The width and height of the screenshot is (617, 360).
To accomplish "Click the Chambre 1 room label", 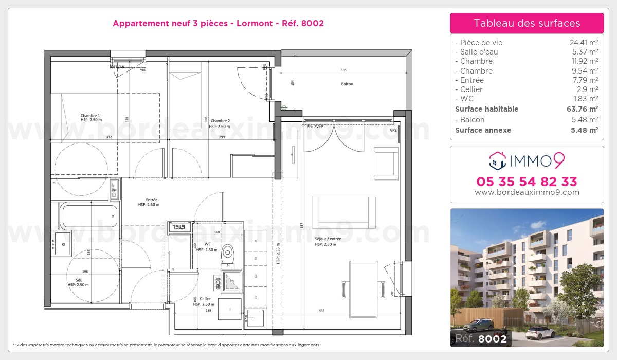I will tap(90, 116).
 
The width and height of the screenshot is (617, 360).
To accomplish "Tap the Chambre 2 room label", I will tap(220, 121).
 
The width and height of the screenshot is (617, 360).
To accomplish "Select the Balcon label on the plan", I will tap(347, 84).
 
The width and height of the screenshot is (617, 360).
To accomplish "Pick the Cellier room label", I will tap(205, 299).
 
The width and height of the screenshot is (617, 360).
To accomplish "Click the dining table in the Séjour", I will tap(363, 280).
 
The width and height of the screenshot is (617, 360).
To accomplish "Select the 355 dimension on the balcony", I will tap(343, 70).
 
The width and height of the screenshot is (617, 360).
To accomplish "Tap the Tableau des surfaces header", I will tap(527, 23).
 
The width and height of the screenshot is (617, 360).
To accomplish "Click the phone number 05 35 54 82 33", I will tap(527, 182).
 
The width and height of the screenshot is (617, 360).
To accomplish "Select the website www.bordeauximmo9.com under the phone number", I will tap(527, 192).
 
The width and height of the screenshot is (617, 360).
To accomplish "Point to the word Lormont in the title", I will tap(253, 23).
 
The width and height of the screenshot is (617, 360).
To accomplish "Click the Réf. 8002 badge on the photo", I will tap(479, 338).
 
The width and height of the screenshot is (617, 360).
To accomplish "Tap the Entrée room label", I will tap(151, 200).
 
